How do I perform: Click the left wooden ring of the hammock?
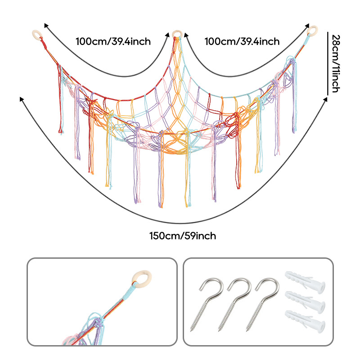(x=36, y=34)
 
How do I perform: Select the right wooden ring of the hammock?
(x=312, y=31)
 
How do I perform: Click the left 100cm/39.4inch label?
(x=113, y=42)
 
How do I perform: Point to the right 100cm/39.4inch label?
(x=242, y=42)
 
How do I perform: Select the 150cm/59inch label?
(x=183, y=235)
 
